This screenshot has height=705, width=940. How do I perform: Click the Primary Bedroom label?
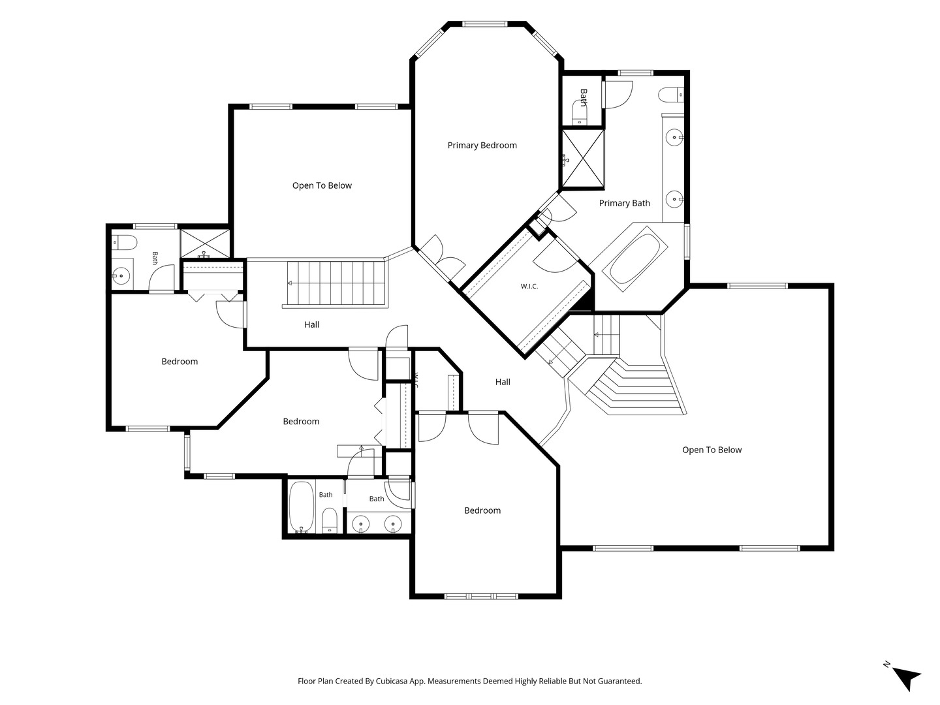[x=482, y=146]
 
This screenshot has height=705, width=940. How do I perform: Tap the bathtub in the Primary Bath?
[x=634, y=258]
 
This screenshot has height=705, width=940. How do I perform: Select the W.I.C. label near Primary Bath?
[x=529, y=287]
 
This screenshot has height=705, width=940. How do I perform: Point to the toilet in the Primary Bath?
[x=670, y=95]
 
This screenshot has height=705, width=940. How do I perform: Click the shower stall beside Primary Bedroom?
[x=582, y=159]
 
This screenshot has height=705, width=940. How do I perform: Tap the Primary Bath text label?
[x=625, y=203]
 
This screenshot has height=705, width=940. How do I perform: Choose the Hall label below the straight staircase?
[x=312, y=324]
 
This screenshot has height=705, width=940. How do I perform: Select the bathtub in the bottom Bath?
[x=302, y=507]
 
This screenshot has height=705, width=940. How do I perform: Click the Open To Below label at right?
[x=712, y=450]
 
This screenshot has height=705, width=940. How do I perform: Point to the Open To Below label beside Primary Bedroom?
[x=322, y=186]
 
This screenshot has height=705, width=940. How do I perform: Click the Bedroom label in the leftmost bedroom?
[x=180, y=362]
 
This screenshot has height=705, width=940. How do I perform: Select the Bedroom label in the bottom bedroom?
[x=482, y=510]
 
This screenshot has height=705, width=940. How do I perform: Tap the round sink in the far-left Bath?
[x=121, y=275]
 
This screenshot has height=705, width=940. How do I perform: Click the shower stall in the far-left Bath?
[x=205, y=244]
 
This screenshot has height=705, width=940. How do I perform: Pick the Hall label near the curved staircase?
[x=503, y=382]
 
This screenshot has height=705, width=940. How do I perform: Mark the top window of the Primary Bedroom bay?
[x=484, y=24]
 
